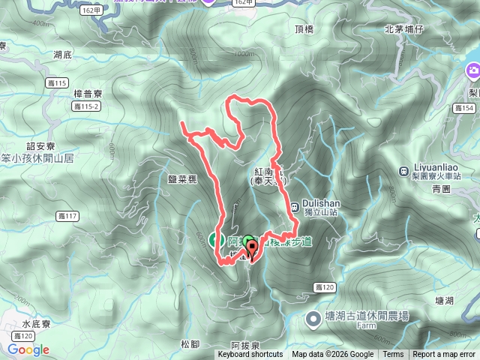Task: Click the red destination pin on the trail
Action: (x=250, y=250)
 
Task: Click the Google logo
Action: (x=28, y=349)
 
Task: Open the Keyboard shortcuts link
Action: (x=250, y=355)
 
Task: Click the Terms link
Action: (x=393, y=355)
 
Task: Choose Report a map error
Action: (x=444, y=355)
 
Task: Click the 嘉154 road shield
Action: (x=465, y=109)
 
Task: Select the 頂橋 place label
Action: (x=304, y=29)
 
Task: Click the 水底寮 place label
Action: (x=36, y=325)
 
